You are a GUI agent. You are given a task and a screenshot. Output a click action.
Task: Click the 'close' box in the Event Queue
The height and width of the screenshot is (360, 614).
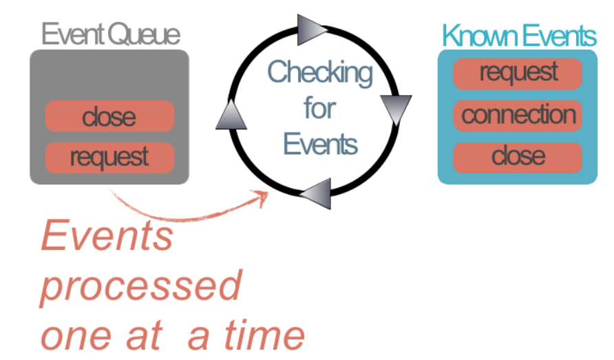coord(109,116)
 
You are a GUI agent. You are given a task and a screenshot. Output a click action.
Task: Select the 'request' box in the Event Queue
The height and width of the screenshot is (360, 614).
coord(109,158)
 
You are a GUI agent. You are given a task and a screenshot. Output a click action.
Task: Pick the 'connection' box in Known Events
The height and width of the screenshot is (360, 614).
coord(518,115)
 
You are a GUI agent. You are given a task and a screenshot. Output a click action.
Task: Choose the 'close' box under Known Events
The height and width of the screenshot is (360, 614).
coord(518,157)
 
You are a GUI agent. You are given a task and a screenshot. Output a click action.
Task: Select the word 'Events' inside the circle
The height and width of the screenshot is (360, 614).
coord(321,144)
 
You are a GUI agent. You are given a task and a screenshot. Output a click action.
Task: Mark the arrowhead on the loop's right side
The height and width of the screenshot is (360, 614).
coord(396,109)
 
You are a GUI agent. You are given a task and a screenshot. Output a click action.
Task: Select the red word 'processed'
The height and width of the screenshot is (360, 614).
coord(141,285)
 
